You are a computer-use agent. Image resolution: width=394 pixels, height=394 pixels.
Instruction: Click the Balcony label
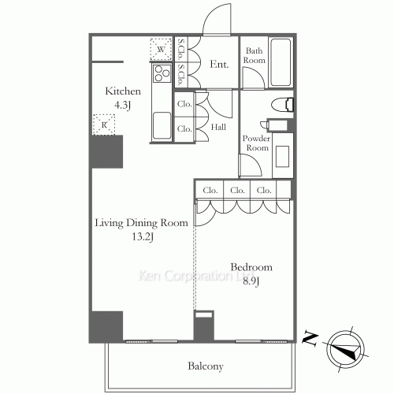pos(206,366)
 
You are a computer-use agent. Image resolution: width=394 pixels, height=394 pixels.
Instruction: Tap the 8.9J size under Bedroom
pos(251,281)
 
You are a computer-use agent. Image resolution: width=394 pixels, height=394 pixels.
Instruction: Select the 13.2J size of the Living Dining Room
pos(143,237)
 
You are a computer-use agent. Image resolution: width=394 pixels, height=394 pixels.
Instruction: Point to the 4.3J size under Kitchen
pos(122,106)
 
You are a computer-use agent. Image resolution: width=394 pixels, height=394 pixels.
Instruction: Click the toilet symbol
pos(282,105)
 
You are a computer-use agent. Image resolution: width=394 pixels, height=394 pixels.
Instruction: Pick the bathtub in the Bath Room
pos(281,62)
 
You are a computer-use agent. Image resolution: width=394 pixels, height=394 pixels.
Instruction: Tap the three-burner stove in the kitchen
pos(162,73)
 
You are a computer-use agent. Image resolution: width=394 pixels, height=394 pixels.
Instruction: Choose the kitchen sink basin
pos(162,125)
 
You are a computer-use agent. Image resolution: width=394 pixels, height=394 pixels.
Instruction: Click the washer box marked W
pos(161,49)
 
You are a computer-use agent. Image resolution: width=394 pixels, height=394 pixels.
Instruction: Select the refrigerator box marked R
pos(104,125)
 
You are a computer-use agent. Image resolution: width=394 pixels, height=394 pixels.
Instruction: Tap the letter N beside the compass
pos(310,339)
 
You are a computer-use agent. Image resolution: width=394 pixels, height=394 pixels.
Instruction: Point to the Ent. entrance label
pos(219,64)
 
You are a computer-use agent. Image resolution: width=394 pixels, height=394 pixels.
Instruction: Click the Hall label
pos(218,127)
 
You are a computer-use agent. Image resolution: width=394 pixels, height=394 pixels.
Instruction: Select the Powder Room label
pos(256,143)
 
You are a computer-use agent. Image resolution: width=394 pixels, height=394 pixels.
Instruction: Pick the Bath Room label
pos(254,55)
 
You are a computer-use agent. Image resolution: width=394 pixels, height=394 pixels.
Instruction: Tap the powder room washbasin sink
pos(283,156)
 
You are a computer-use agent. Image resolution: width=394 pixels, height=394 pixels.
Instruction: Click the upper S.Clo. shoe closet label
pos(181,49)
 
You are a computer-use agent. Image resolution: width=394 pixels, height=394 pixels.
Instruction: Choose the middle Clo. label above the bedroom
pos(237,190)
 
